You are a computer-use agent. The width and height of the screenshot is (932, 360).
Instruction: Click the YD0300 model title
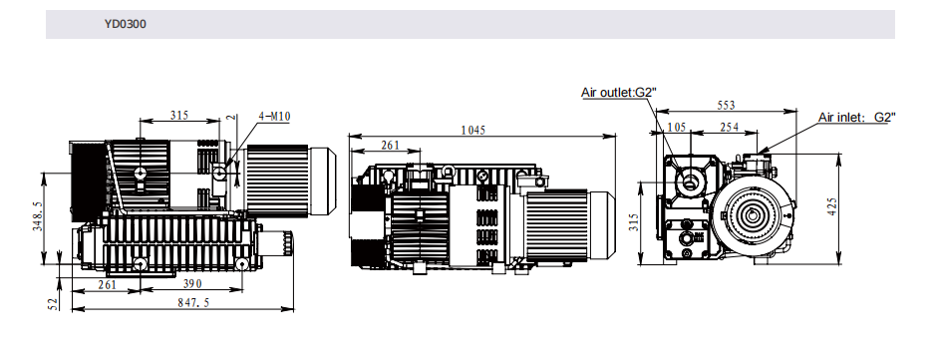(x=126, y=24)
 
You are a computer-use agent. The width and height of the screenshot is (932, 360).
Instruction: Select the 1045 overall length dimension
(x=473, y=130)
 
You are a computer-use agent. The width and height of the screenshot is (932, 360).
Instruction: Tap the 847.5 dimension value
(x=193, y=303)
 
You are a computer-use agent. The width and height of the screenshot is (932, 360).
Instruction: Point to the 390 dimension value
(x=192, y=284)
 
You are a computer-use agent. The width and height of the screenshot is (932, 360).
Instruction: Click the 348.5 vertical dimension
(x=37, y=216)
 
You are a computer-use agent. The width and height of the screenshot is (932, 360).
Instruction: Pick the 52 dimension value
(x=54, y=303)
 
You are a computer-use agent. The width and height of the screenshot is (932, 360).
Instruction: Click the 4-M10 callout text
(x=274, y=117)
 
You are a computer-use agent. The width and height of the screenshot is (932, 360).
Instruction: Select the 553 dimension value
(x=726, y=106)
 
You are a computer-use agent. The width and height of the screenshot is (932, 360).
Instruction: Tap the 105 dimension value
(x=677, y=127)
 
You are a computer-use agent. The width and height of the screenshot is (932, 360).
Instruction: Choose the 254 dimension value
(x=730, y=127)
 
